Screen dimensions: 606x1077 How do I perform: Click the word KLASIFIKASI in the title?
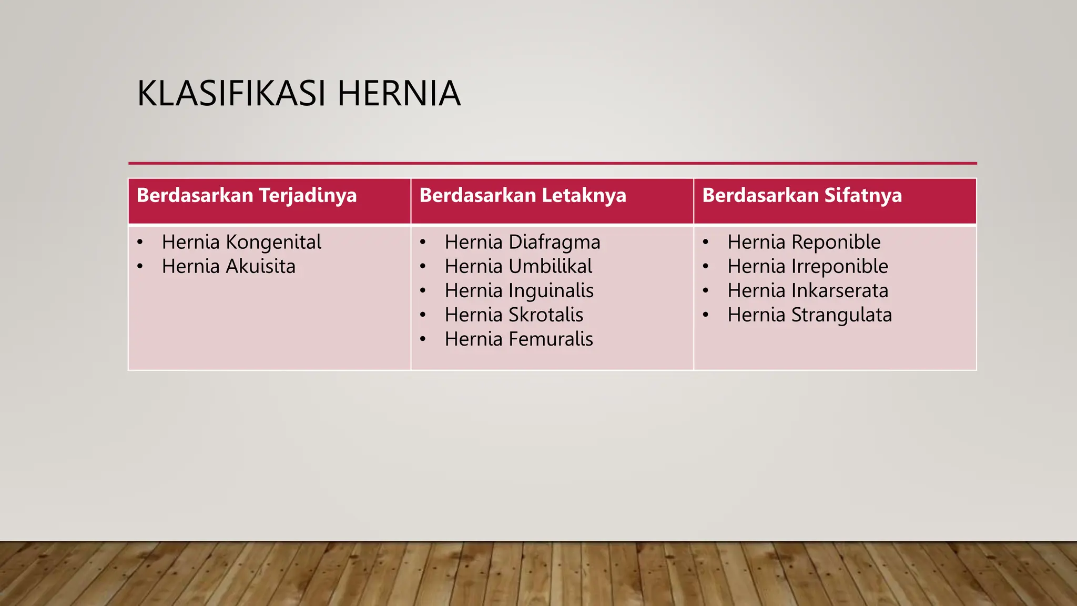point(232,94)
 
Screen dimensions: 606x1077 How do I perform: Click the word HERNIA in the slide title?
point(399,94)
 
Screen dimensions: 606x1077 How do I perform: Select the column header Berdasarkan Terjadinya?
point(247,196)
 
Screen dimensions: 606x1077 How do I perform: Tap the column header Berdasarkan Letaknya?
point(523,196)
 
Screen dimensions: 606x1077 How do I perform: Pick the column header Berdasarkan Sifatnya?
point(802,196)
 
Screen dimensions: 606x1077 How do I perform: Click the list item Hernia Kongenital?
point(241,243)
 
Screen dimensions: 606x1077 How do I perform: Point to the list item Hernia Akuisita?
point(228,267)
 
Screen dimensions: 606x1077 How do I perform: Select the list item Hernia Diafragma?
point(522,243)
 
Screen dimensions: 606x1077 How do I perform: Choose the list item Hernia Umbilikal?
point(518,267)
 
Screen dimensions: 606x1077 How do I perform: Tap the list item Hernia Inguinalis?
point(519,291)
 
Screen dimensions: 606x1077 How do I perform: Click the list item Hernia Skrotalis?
point(514,315)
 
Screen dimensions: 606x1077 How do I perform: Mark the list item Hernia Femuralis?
point(519,339)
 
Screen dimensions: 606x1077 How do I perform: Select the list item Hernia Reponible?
point(804,243)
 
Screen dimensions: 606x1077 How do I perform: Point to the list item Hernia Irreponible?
point(808,267)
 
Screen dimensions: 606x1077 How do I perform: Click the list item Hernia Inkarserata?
point(808,291)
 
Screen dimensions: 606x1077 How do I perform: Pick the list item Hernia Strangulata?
point(809,315)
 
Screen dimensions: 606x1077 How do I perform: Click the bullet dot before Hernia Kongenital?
point(140,243)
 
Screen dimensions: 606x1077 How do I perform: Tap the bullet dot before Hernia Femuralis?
point(423,339)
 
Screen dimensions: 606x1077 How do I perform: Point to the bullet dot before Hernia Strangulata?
point(706,315)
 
